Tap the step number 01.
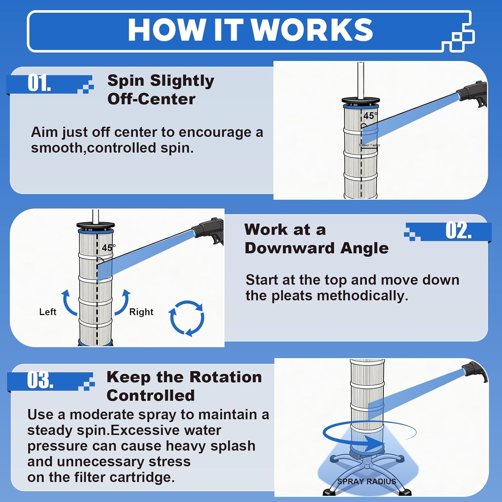point(39,83)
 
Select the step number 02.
point(458,231)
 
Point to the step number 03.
point(40,380)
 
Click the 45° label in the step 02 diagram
point(108,248)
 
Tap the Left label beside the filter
point(48,312)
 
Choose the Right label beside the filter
point(141,312)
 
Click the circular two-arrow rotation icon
point(187,318)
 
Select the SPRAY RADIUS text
point(366,482)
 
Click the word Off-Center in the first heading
point(151,99)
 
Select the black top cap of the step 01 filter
point(361,100)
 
